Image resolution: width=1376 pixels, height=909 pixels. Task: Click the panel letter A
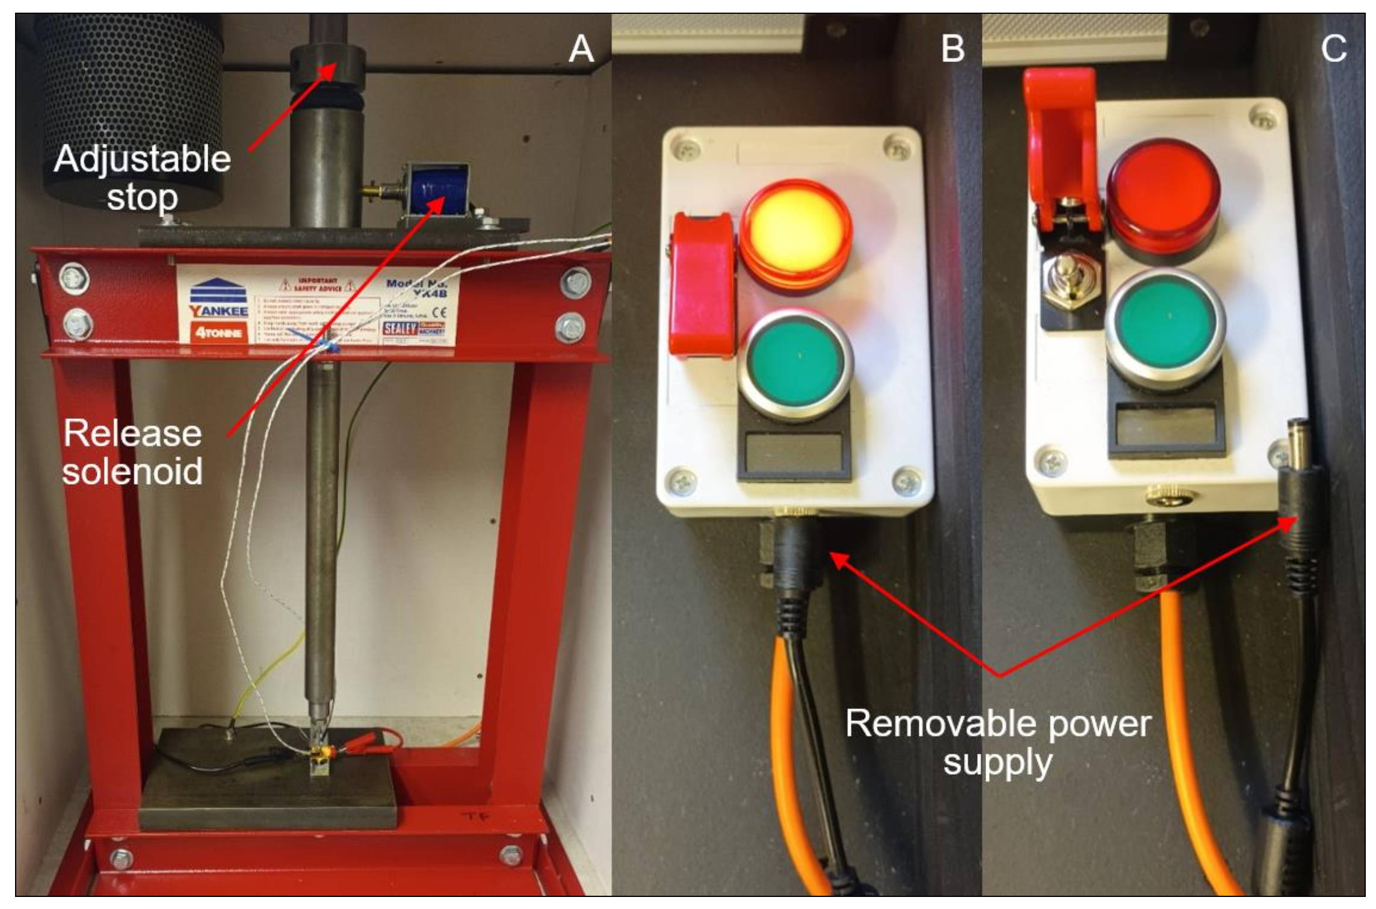click(581, 49)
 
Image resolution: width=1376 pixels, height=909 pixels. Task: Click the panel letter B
click(952, 49)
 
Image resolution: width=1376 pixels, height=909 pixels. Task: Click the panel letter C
click(1333, 49)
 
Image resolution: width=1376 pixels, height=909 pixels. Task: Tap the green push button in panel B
click(795, 364)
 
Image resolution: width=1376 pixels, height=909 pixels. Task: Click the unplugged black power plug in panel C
click(1300, 512)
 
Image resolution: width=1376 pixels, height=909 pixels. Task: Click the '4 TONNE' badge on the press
click(218, 333)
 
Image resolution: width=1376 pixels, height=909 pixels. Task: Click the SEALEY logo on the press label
click(400, 328)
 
